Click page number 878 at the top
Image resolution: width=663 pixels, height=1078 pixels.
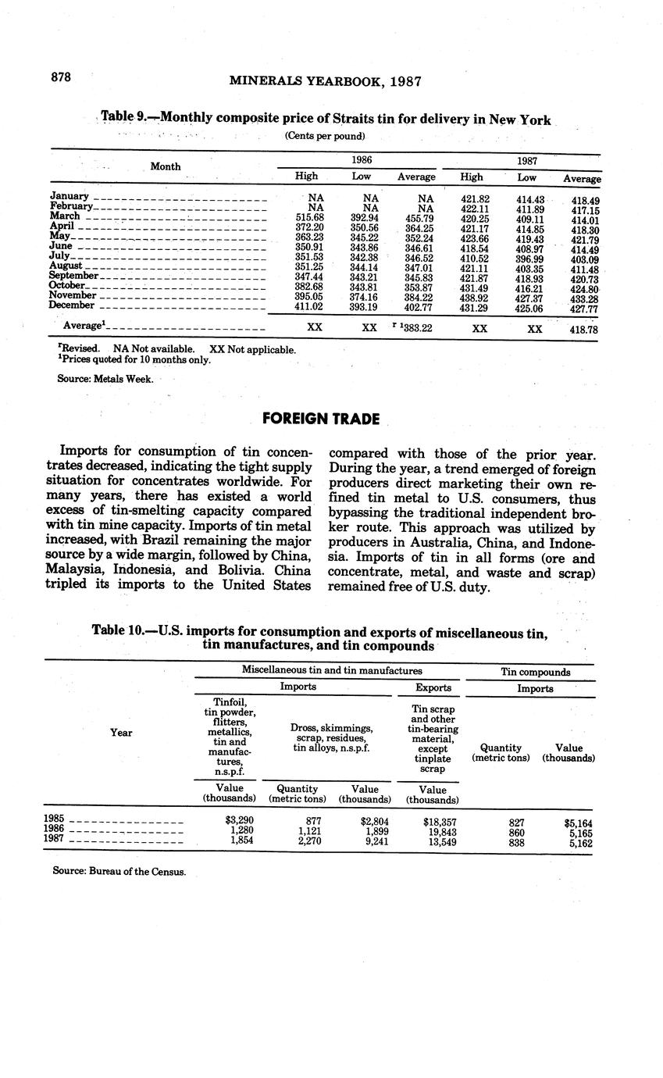click(61, 77)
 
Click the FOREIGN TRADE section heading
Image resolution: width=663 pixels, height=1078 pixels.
click(320, 419)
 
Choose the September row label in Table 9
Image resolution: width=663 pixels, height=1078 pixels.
click(73, 276)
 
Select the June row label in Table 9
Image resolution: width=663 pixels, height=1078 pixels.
click(61, 246)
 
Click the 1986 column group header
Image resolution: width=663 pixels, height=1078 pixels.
click(361, 159)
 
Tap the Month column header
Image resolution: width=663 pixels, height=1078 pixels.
click(166, 166)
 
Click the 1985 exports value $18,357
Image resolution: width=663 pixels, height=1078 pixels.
click(440, 822)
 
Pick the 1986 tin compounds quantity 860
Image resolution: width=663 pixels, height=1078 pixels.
click(516, 832)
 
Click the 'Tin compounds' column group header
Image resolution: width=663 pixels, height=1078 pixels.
click(535, 672)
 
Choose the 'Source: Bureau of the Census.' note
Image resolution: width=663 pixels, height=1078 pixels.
click(119, 871)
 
